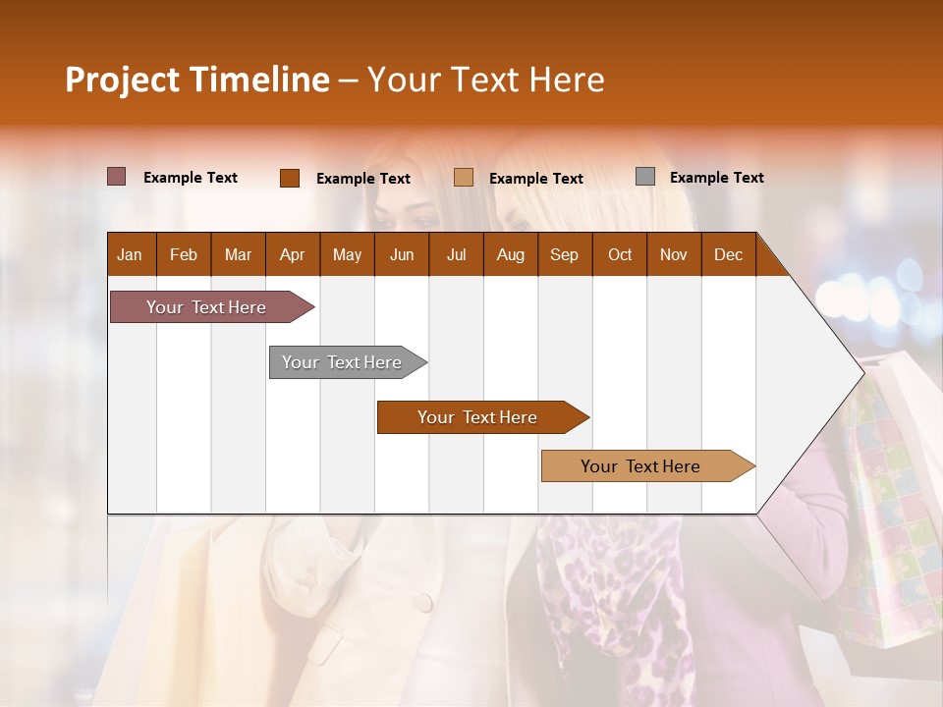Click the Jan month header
click(130, 255)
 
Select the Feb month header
click(184, 255)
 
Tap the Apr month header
click(292, 255)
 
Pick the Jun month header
click(402, 255)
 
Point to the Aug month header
click(510, 255)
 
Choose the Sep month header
click(564, 255)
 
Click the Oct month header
click(620, 255)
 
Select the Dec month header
click(728, 255)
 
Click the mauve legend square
click(117, 177)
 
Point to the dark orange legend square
click(290, 178)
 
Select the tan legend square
click(464, 178)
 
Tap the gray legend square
click(645, 177)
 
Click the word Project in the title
click(122, 80)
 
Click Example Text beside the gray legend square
click(716, 178)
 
